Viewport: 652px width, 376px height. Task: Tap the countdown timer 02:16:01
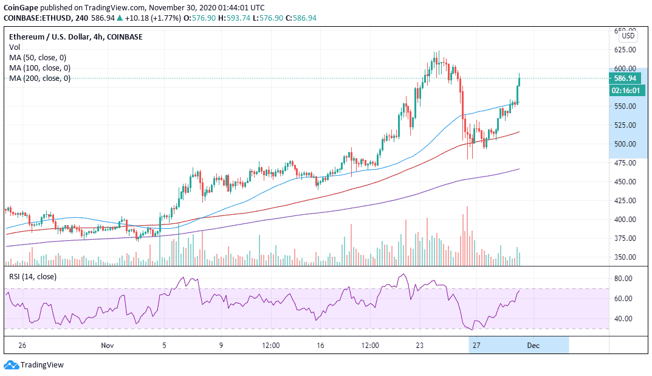(626, 90)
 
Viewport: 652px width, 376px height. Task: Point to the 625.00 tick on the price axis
(625, 49)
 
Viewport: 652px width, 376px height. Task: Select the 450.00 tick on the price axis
(625, 181)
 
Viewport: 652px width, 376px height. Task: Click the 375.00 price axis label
(625, 238)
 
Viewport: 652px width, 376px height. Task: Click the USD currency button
(628, 36)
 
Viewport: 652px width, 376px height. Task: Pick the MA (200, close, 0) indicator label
(39, 78)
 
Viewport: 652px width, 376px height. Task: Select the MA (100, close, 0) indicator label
(39, 68)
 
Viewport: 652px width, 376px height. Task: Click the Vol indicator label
(14, 47)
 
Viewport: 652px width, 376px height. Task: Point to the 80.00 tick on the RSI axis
(624, 279)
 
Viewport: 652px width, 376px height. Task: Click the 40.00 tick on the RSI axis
(624, 318)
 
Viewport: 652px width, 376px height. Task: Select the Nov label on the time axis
(108, 346)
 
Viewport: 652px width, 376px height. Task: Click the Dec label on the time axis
(534, 346)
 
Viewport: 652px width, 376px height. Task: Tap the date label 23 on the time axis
(419, 346)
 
